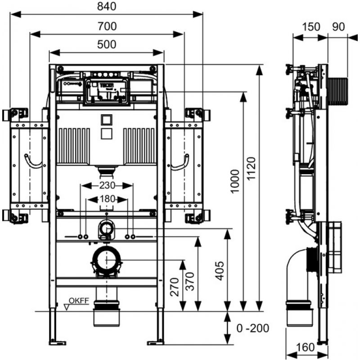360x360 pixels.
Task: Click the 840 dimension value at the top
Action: (107, 6)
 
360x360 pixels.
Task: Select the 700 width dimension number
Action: (107, 27)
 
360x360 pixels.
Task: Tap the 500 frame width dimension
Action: (107, 45)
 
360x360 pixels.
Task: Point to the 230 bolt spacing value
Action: (107, 185)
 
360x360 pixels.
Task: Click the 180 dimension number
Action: (108, 199)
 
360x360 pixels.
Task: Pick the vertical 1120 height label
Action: (251, 168)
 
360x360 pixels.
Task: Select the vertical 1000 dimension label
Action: (235, 181)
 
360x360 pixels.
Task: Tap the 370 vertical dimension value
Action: (190, 282)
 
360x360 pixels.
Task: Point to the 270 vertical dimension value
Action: (174, 287)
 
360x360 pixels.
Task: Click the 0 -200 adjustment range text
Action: (253, 328)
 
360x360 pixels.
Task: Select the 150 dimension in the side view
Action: (311, 27)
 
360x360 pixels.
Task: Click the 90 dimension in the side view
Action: (339, 27)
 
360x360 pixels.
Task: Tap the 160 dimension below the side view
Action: (305, 347)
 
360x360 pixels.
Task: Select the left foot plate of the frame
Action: (58, 343)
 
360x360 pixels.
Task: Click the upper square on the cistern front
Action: (107, 120)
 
